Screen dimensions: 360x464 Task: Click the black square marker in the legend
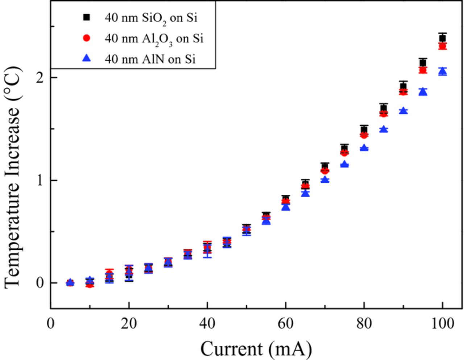click(86, 17)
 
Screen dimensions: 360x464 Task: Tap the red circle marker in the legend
click(86, 38)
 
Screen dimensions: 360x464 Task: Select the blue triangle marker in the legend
click(86, 58)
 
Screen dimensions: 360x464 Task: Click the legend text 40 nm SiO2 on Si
click(151, 18)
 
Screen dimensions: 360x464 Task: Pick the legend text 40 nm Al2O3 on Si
click(154, 39)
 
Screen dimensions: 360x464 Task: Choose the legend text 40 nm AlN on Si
click(150, 59)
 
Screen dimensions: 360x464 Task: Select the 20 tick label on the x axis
click(129, 323)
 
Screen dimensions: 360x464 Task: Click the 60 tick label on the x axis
click(285, 323)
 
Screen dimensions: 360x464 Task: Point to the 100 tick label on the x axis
click(442, 323)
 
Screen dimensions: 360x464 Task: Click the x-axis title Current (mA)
click(256, 349)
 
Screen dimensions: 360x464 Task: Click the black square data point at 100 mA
click(442, 38)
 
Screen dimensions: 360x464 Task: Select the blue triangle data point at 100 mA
click(442, 71)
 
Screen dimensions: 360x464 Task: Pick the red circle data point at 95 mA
click(423, 70)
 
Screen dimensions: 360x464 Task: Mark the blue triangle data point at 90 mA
click(403, 111)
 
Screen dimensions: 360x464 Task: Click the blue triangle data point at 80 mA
click(364, 148)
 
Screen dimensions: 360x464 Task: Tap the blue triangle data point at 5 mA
click(70, 282)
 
